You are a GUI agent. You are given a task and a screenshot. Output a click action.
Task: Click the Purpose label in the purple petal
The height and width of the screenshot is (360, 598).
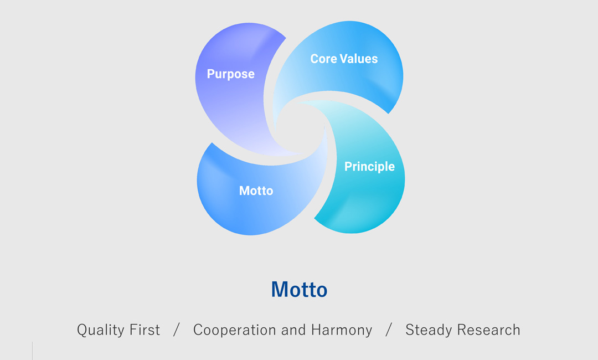pyautogui.click(x=231, y=74)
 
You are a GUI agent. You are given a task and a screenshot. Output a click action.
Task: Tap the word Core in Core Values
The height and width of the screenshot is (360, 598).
pyautogui.click(x=324, y=59)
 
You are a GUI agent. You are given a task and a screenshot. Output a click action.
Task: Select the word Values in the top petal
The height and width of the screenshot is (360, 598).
pyautogui.click(x=359, y=59)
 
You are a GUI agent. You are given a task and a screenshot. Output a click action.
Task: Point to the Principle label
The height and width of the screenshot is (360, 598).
pyautogui.click(x=369, y=167)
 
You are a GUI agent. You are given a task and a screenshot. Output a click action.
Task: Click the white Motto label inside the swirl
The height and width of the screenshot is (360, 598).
pyautogui.click(x=256, y=191)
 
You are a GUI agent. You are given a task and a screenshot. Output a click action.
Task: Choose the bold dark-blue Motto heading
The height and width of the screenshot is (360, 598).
pyautogui.click(x=300, y=290)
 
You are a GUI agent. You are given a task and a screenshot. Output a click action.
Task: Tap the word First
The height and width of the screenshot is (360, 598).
pyautogui.click(x=145, y=330)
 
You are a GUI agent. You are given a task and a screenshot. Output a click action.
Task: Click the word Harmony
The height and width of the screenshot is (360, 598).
pyautogui.click(x=342, y=330)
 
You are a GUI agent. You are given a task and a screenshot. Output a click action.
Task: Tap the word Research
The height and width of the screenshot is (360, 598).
pyautogui.click(x=489, y=330)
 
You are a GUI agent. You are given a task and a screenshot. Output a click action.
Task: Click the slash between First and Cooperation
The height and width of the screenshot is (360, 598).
pyautogui.click(x=176, y=330)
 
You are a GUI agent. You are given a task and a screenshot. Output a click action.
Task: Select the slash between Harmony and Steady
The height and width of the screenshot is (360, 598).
pyautogui.click(x=389, y=330)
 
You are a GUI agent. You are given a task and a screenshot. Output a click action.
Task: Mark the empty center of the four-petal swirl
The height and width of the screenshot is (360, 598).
pyautogui.click(x=301, y=128)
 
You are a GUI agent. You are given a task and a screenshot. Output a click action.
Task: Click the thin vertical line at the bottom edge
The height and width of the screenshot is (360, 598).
pyautogui.click(x=33, y=351)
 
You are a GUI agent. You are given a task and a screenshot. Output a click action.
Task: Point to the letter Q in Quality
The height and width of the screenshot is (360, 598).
pyautogui.click(x=83, y=330)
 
